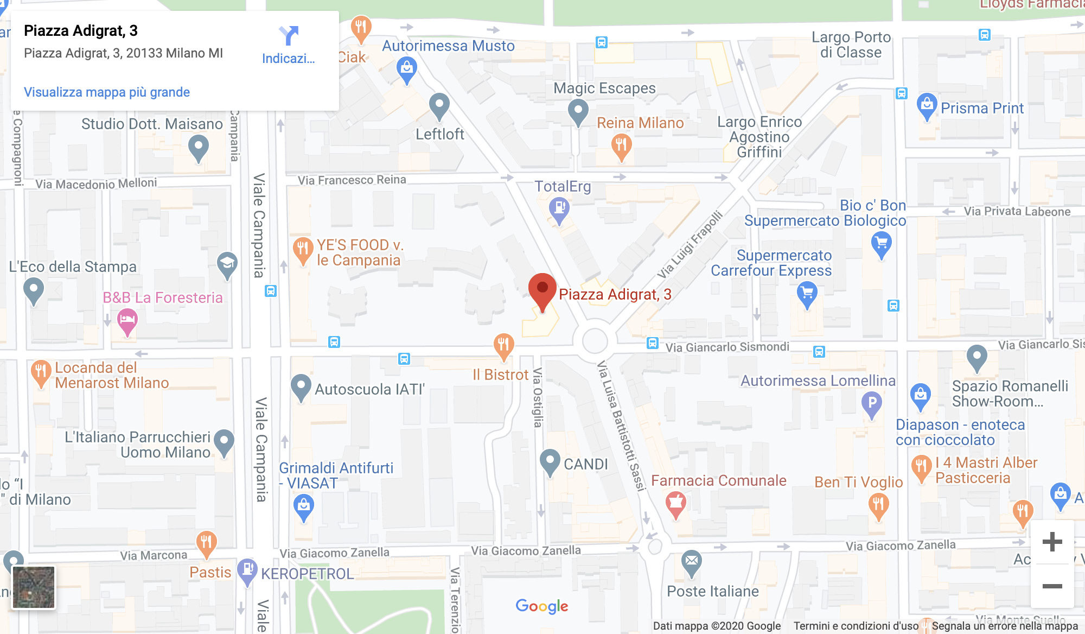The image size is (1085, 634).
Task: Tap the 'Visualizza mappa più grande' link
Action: (x=107, y=92)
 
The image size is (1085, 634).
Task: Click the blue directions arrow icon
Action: (x=289, y=36)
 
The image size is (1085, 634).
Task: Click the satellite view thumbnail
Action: (x=34, y=587)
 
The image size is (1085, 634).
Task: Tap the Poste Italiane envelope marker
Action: (x=692, y=562)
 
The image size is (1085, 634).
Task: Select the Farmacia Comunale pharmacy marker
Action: (x=675, y=504)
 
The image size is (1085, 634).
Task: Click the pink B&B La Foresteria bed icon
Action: (x=127, y=320)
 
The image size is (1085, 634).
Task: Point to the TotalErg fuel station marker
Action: (x=559, y=209)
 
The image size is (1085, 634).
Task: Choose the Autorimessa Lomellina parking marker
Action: (x=872, y=404)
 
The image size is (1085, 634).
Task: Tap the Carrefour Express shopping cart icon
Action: (x=807, y=294)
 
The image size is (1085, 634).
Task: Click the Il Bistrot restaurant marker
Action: (x=503, y=345)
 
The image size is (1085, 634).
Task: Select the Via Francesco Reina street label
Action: (x=352, y=180)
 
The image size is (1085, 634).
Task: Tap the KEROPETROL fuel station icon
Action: (x=247, y=570)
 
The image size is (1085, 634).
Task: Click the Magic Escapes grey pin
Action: (x=578, y=111)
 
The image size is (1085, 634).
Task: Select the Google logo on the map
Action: (x=541, y=606)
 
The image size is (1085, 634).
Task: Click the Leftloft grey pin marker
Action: (x=439, y=105)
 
